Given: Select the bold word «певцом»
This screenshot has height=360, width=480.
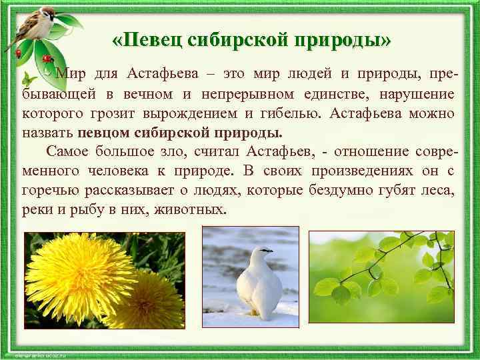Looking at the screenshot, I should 108,131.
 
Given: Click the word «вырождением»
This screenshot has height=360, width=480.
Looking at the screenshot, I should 238,113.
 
